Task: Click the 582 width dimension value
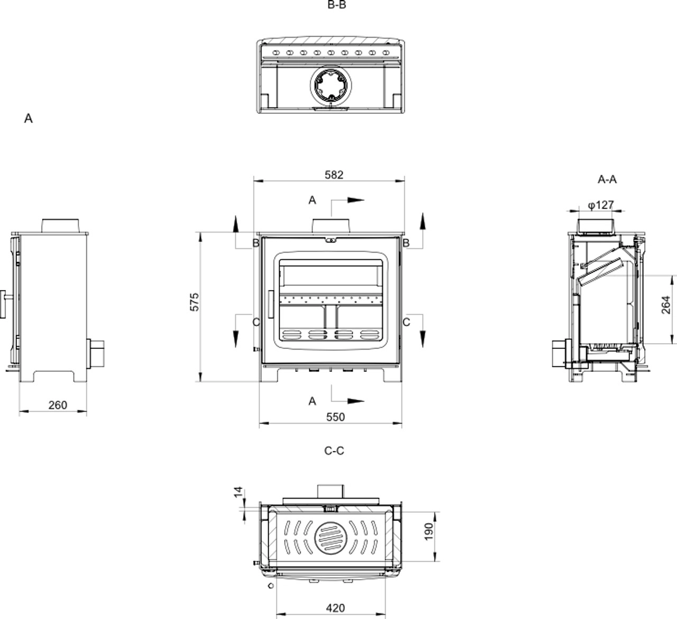point(334,175)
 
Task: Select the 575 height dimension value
point(195,302)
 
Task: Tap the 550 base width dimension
point(335,417)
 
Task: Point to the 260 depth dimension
point(58,405)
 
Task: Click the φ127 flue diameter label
point(601,205)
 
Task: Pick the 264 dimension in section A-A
point(666,305)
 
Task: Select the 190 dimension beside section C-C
point(428,532)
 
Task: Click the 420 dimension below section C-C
point(335,608)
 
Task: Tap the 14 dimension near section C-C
point(238,492)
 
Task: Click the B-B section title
point(337,5)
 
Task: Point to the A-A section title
point(607,180)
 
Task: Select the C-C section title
point(334,451)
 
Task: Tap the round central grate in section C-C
point(331,538)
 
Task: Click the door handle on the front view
point(271,304)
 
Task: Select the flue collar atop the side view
point(60,226)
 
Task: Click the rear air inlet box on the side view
point(96,354)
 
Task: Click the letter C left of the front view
point(256,322)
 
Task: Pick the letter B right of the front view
point(406,243)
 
